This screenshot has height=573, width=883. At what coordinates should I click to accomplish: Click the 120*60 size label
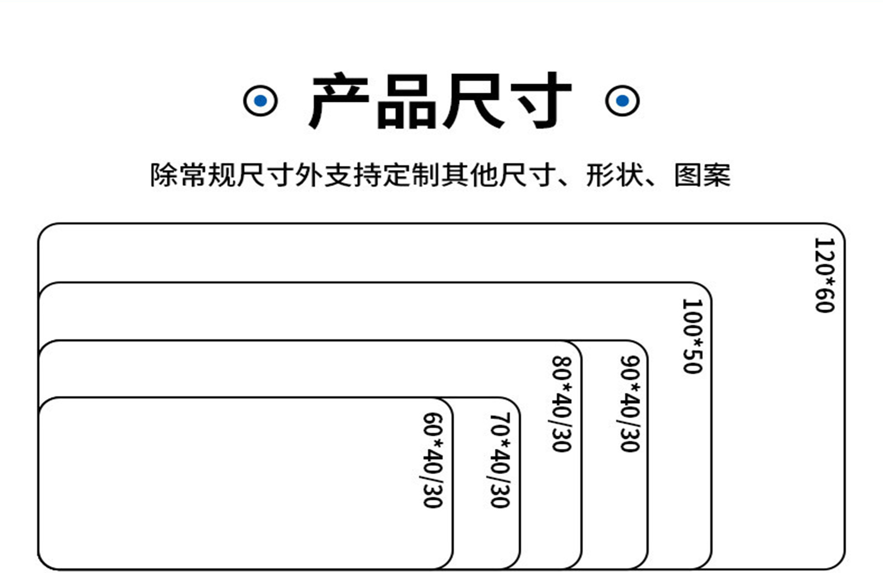824,275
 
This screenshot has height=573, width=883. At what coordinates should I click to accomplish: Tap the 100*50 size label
692,336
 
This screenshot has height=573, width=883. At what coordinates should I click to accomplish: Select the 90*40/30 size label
630,404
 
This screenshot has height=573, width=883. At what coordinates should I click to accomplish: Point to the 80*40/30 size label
562,404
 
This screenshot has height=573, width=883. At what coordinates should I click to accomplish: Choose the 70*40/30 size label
500,460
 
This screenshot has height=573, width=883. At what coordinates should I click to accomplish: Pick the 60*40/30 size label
433,460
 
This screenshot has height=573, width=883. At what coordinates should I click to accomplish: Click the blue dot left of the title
260,101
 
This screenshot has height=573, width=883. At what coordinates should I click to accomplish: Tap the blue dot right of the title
622,101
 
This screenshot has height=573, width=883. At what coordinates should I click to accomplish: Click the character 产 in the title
339,101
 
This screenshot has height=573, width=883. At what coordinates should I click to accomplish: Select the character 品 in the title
406,102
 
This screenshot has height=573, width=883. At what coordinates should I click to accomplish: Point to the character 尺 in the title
474,101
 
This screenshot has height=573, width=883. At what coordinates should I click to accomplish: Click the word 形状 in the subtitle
614,175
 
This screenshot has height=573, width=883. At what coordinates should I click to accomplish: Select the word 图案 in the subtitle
702,175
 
